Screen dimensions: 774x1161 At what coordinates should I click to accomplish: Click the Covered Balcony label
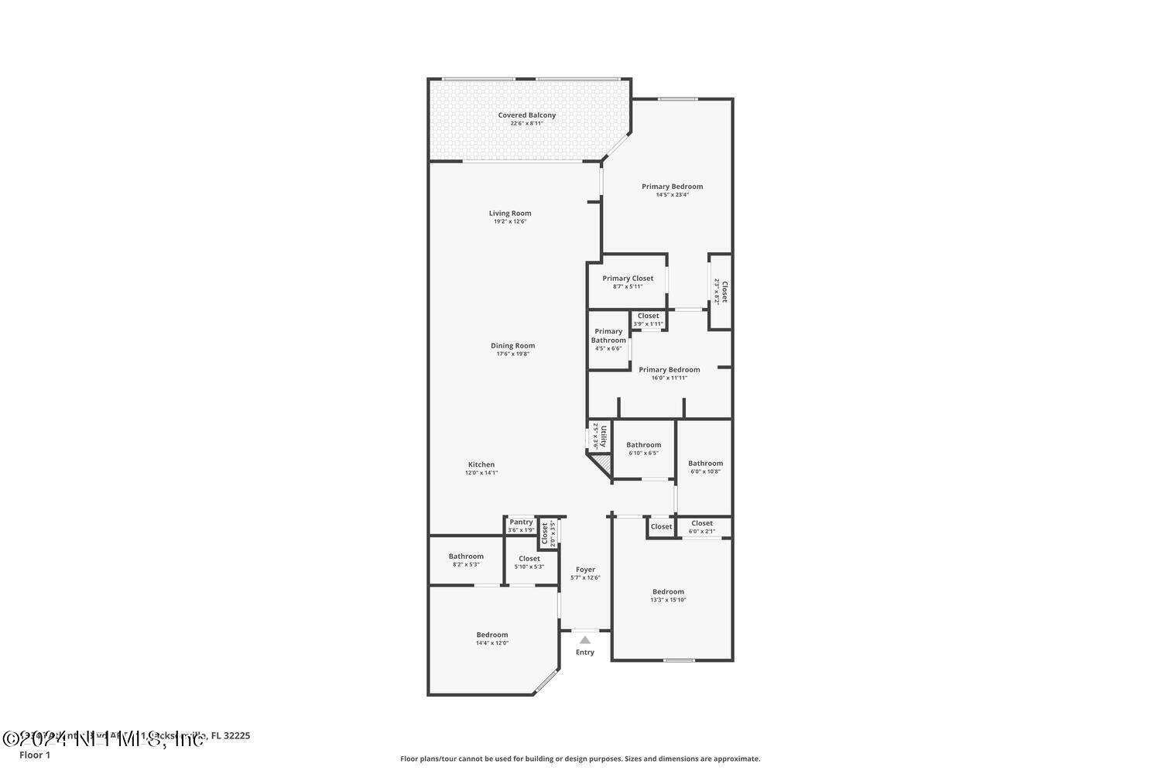click(526, 115)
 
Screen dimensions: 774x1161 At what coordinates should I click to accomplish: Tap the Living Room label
click(510, 214)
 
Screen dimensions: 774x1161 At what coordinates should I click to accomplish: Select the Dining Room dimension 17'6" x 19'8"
click(512, 354)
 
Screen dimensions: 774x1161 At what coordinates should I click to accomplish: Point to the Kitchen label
click(481, 464)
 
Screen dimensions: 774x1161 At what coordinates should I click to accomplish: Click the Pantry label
click(521, 522)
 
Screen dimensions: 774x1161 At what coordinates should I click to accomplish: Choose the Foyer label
click(585, 570)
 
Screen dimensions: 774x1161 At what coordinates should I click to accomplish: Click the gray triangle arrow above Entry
click(585, 640)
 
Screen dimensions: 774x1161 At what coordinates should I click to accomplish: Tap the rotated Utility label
click(604, 436)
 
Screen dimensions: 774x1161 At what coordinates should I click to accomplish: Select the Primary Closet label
click(628, 279)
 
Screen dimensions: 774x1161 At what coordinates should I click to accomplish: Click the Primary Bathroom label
click(608, 336)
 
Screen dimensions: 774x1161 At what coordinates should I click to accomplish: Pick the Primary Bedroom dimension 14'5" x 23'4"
click(672, 195)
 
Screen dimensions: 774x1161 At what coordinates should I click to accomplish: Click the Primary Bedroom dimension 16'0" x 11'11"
click(669, 378)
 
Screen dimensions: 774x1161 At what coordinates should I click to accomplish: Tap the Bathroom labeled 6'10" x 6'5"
click(643, 445)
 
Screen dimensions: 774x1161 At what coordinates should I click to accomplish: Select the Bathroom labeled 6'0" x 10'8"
click(705, 464)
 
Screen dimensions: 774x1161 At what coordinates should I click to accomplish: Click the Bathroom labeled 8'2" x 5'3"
click(466, 557)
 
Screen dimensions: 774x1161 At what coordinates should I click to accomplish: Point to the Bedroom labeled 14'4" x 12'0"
click(492, 635)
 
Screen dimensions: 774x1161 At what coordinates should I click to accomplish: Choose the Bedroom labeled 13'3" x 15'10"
click(668, 592)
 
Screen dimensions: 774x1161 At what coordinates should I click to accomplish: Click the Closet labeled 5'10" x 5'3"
click(529, 559)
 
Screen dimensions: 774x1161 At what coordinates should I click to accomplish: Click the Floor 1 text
click(35, 755)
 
